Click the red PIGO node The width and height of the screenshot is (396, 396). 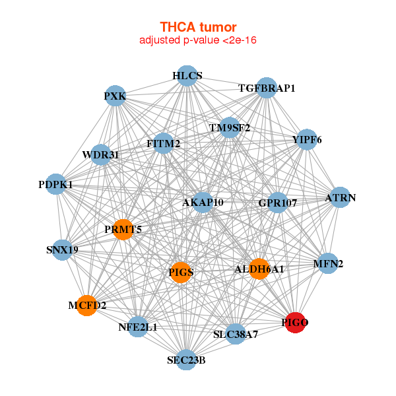295,323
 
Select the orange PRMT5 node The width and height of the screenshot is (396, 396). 123,229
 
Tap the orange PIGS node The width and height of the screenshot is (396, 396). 181,272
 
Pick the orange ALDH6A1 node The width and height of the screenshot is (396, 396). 259,269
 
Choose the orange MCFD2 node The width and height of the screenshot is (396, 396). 87,306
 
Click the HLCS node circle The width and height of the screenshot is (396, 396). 187,76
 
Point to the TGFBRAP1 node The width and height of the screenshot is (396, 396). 267,88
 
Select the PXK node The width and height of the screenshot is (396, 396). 115,96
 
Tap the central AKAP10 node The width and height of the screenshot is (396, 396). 203,203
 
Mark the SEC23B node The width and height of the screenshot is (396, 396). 186,360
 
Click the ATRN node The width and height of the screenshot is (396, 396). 340,197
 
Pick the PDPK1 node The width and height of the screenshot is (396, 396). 56,184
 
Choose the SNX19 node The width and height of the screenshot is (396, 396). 63,249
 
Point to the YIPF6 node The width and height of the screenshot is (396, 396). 307,139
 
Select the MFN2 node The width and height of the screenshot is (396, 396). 328,263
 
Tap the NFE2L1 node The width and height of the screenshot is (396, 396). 138,327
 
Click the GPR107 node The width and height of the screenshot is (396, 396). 278,203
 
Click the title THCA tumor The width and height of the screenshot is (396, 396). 198,27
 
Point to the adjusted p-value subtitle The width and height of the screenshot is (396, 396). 198,40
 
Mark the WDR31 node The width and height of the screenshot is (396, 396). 101,154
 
